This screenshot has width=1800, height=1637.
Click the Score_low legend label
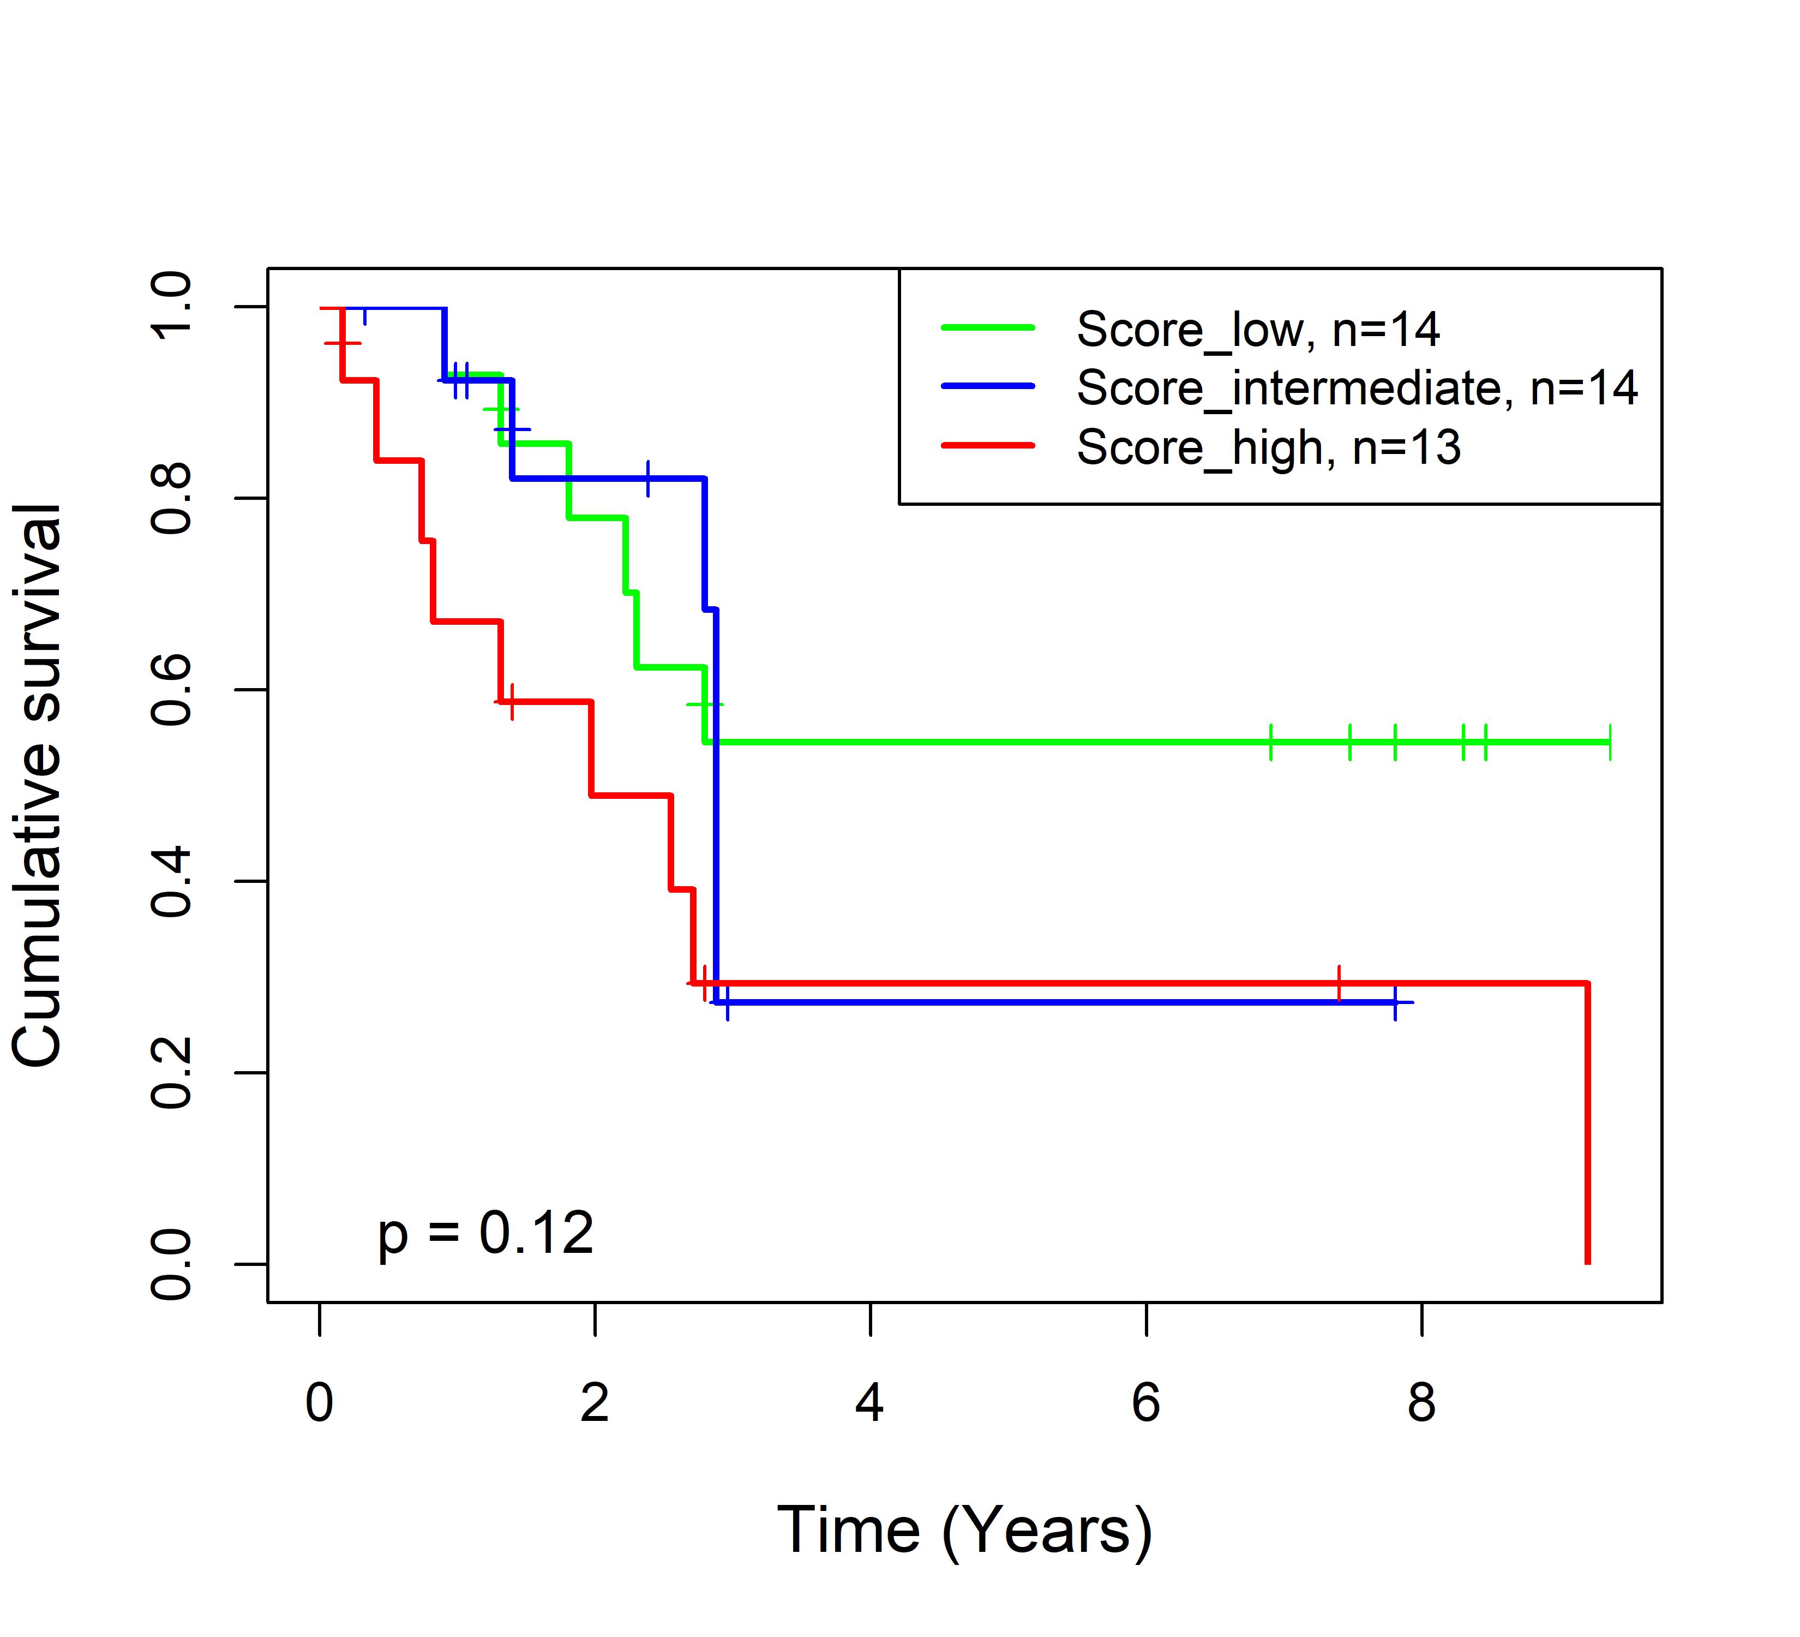point(1257,331)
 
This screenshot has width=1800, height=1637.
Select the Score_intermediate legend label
point(1356,389)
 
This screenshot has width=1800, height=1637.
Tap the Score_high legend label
point(1268,447)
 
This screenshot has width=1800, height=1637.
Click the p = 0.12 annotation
point(485,1234)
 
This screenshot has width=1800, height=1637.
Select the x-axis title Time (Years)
point(964,1531)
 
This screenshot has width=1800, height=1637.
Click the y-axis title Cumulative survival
point(38,785)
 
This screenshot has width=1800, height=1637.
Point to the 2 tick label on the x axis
point(595,1403)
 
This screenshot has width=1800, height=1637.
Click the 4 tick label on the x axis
point(869,1403)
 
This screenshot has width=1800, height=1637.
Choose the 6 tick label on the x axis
point(1145,1403)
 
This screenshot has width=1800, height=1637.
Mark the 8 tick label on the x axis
point(1421,1403)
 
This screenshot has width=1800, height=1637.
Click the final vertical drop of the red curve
point(1587,1125)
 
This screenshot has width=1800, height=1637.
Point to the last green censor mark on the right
point(1610,742)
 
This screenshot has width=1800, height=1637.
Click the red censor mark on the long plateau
point(1339,983)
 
